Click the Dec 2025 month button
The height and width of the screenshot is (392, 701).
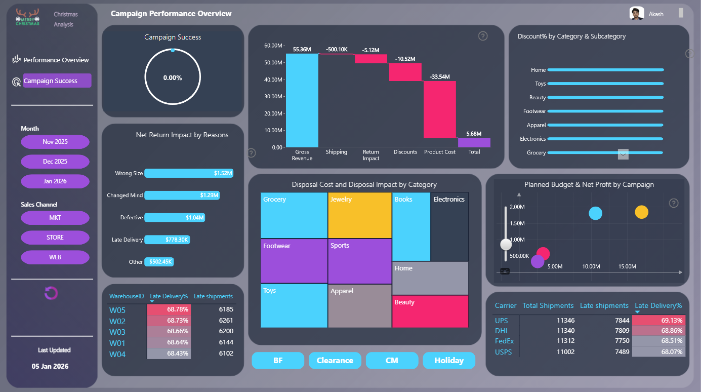(x=55, y=162)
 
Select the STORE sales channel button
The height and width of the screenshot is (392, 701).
(x=55, y=238)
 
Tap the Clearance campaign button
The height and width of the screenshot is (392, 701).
(x=335, y=361)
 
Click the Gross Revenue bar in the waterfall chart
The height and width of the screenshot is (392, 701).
(x=302, y=100)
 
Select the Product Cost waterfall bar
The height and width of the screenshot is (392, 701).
(x=440, y=109)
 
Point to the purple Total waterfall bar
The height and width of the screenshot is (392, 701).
(x=474, y=142)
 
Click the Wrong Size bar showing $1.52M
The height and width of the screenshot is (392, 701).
(x=189, y=173)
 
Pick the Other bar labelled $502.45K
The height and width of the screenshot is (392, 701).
(x=159, y=262)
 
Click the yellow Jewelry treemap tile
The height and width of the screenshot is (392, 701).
(x=360, y=215)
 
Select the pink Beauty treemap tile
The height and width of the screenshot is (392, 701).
(x=430, y=311)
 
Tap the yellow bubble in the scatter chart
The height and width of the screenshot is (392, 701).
(x=642, y=212)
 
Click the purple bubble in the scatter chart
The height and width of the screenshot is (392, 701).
(x=538, y=261)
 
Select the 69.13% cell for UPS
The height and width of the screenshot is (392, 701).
(x=659, y=320)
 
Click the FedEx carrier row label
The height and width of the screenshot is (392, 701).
(x=504, y=341)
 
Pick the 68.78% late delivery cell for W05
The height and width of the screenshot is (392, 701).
(x=169, y=309)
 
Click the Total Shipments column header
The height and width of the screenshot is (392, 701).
(x=548, y=305)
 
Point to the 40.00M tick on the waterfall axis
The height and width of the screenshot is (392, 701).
(x=273, y=80)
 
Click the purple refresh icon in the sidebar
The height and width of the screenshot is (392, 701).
(x=51, y=293)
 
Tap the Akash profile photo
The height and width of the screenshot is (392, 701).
(x=637, y=14)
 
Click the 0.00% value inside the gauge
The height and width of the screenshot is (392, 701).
(x=173, y=77)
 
